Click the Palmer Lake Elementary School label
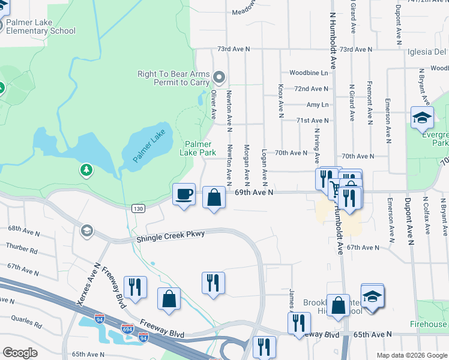(40, 27)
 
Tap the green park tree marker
(87, 171)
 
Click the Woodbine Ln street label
(309, 73)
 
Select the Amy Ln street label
(318, 104)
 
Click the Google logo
(20, 353)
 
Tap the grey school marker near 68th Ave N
(87, 231)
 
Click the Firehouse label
(428, 324)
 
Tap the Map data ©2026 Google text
(411, 355)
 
